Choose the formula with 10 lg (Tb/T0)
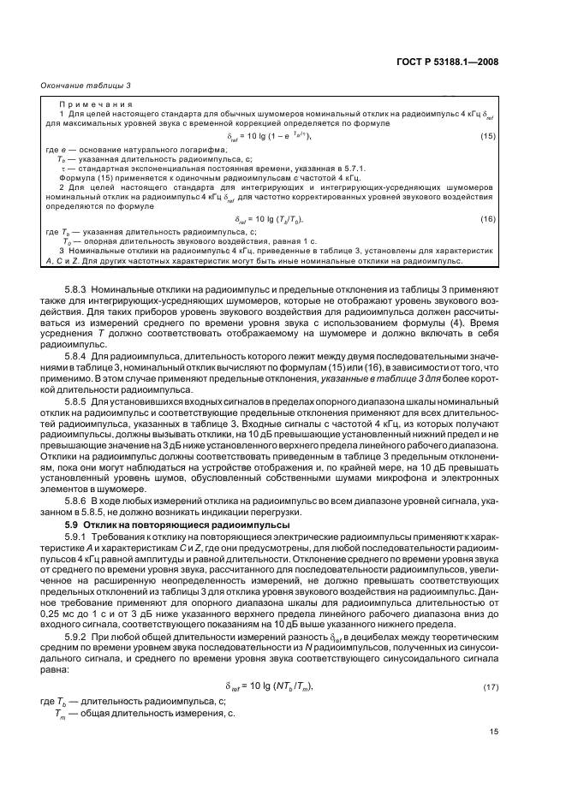coord(266,220)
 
